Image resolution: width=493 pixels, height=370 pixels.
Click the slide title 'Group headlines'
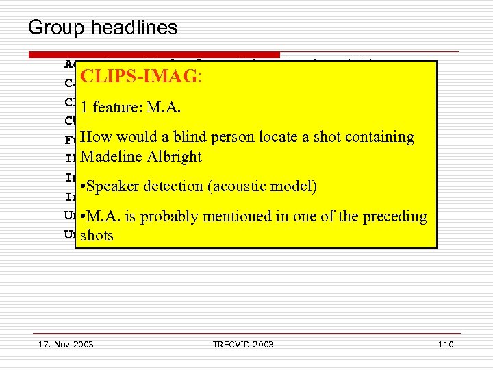[103, 28]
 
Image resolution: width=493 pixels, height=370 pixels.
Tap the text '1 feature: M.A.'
[130, 108]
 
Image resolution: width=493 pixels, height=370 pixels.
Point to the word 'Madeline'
[109, 157]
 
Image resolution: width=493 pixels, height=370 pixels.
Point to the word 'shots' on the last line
[97, 236]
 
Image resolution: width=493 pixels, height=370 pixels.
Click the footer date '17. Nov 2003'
[66, 344]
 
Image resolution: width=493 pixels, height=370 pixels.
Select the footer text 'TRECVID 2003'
[242, 344]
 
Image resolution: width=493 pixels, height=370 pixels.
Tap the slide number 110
[445, 344]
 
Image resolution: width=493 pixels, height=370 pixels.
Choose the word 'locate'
[277, 137]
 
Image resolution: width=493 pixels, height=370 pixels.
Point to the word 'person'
[235, 137]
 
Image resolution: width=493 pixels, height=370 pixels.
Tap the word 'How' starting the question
[95, 137]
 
